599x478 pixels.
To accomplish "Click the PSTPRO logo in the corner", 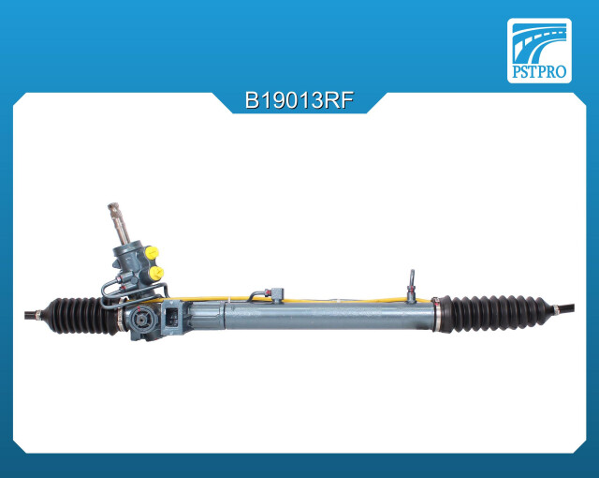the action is (x=539, y=51).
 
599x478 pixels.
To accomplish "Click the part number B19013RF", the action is (x=299, y=101).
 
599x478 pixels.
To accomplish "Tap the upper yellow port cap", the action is (x=152, y=253).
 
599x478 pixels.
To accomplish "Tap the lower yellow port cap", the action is (x=156, y=273).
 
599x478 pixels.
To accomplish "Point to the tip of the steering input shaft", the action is (x=112, y=206).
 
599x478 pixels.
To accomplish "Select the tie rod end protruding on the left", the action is (x=33, y=316).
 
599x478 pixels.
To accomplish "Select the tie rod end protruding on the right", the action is (x=564, y=308).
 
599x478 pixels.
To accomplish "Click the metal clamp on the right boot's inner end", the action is (x=436, y=314).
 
